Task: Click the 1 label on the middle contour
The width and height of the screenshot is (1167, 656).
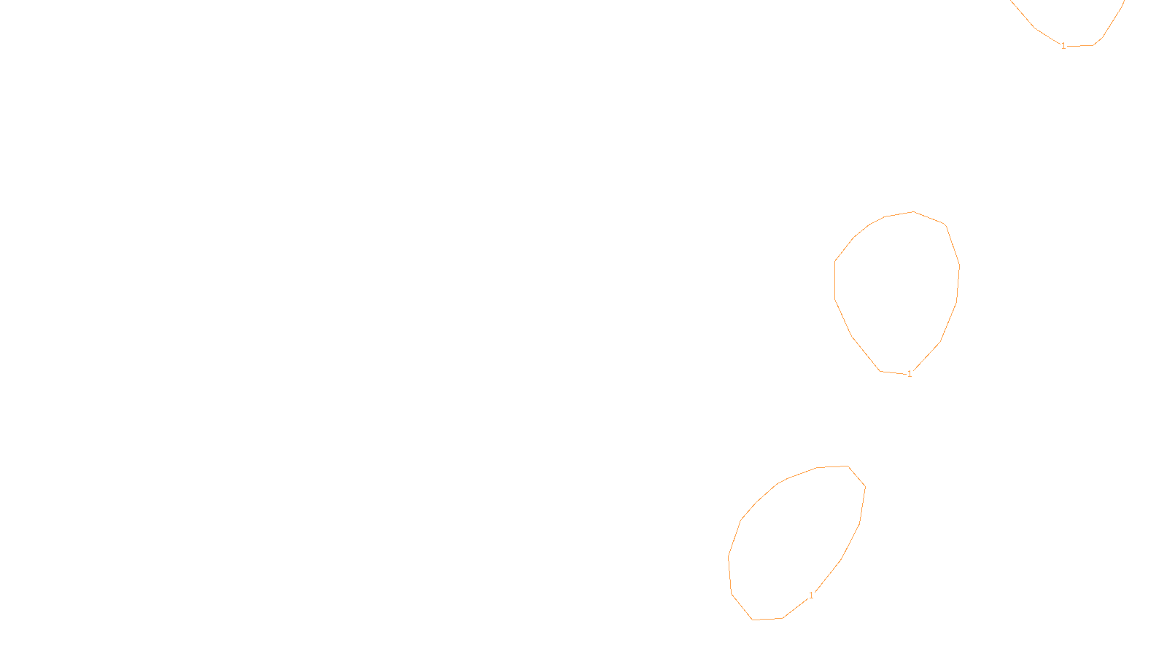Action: (x=910, y=374)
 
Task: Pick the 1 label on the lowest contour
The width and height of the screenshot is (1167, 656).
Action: (x=811, y=596)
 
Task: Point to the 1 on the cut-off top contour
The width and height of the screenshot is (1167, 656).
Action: (x=1063, y=46)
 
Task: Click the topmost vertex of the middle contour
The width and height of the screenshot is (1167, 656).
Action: (x=913, y=212)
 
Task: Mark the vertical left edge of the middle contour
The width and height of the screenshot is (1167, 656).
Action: (x=835, y=280)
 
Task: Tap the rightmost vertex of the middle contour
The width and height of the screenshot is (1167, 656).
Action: (x=959, y=266)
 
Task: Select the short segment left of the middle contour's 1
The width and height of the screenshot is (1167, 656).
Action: (x=893, y=372)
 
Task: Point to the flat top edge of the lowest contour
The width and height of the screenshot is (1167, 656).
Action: (x=832, y=467)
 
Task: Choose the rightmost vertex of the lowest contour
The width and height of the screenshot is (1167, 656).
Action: (x=865, y=486)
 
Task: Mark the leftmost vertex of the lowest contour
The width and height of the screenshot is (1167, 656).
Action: (x=729, y=558)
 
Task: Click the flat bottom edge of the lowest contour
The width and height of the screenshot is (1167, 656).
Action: (x=767, y=619)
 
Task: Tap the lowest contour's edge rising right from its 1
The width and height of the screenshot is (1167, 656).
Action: (x=827, y=577)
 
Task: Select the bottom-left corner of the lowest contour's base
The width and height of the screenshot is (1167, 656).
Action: (x=752, y=620)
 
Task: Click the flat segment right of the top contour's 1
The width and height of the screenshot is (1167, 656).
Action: (x=1079, y=46)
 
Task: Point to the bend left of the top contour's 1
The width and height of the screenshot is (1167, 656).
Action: (x=1035, y=28)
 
